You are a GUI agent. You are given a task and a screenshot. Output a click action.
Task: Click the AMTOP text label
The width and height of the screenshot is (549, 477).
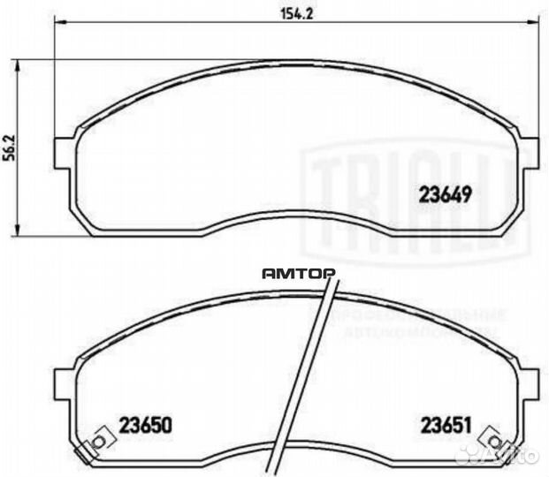298,274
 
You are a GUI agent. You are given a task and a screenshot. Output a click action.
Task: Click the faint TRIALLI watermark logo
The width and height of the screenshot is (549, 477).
416,199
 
